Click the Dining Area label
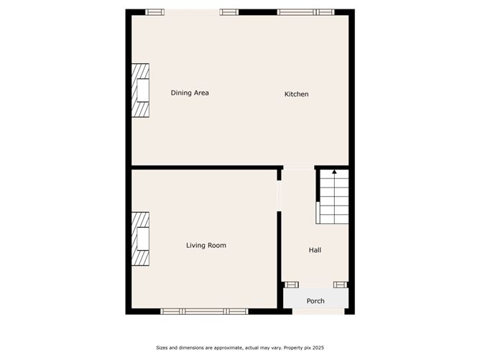click(190, 93)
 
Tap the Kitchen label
click(296, 94)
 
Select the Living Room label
click(206, 246)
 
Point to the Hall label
click(315, 250)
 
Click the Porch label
click(315, 301)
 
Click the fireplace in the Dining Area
click(140, 91)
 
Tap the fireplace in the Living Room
click(140, 239)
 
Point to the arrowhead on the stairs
click(334, 172)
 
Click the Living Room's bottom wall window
click(204, 311)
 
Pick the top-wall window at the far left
click(154, 11)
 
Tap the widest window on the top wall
click(305, 11)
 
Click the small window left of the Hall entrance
click(291, 285)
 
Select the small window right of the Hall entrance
click(341, 285)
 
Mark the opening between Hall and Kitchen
click(297, 168)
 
